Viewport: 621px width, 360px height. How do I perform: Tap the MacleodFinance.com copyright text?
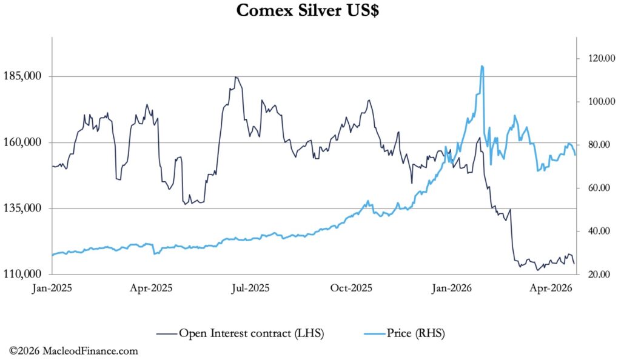coord(73,351)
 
